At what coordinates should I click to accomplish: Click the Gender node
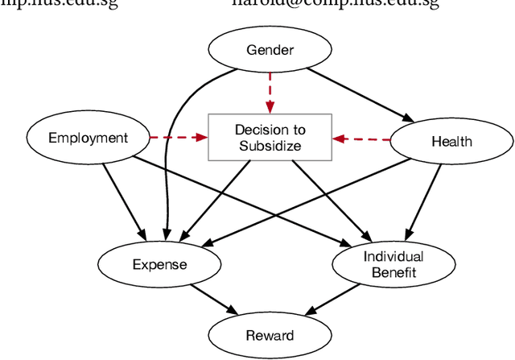270,50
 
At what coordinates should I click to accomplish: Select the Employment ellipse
89,138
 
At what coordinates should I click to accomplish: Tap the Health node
451,142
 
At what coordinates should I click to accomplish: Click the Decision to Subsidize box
270,138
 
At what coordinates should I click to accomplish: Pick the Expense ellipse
159,264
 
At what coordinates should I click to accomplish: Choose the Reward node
270,335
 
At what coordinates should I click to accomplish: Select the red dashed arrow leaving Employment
179,138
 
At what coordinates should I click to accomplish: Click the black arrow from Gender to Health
354,93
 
